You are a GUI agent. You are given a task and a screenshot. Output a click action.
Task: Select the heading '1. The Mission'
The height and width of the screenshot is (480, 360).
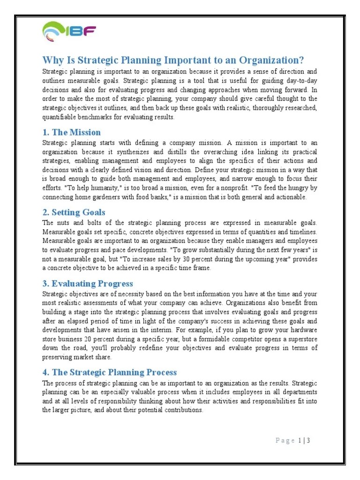(x=71, y=132)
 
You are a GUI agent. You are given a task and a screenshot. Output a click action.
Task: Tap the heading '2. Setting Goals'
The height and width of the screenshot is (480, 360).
(x=74, y=212)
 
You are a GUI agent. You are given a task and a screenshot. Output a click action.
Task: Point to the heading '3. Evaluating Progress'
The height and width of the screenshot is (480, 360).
(x=88, y=284)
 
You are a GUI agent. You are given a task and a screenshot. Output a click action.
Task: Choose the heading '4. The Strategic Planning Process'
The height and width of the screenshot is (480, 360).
(x=110, y=372)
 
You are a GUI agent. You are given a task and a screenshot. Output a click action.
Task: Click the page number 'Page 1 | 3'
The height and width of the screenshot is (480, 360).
(x=293, y=440)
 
